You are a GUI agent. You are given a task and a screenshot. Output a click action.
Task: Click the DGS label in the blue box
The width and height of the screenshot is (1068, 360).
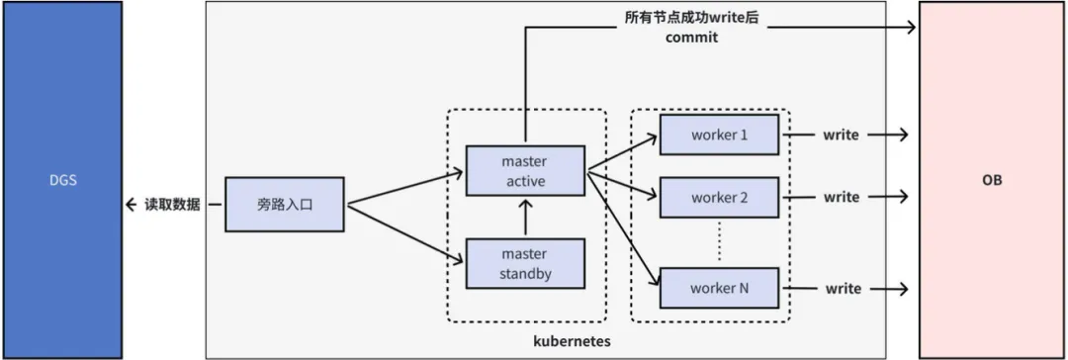coord(61,181)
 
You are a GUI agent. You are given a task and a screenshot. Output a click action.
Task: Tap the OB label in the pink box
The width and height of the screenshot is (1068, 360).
coord(991,181)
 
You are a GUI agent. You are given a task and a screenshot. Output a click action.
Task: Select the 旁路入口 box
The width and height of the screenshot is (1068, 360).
coord(285,205)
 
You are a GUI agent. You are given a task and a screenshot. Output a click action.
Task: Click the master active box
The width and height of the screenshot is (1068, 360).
coord(524,171)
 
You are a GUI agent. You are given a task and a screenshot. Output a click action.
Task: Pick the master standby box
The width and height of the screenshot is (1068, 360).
coord(524,264)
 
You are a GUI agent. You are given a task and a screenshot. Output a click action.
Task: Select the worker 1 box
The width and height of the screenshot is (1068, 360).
coord(719,135)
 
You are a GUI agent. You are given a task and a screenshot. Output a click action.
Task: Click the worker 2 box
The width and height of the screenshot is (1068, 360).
coord(719,197)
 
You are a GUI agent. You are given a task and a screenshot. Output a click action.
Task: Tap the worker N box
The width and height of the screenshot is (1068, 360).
coord(719,289)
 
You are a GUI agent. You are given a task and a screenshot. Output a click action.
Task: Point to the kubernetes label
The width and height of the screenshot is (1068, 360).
coord(572,340)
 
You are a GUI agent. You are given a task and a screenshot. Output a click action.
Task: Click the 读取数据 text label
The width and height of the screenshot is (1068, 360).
coord(172,205)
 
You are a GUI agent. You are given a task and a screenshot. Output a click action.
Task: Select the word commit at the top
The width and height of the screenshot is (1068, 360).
coord(691,38)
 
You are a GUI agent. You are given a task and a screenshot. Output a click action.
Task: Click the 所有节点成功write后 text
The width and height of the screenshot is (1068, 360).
coord(691,18)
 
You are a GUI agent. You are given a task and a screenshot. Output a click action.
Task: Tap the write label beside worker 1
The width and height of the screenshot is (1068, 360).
coord(842,135)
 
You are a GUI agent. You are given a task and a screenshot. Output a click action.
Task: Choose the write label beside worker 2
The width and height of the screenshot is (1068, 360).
coord(842,197)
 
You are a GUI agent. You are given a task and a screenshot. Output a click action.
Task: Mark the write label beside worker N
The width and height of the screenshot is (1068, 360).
coord(842,289)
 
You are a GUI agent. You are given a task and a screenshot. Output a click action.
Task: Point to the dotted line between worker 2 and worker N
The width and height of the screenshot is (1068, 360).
coord(719,242)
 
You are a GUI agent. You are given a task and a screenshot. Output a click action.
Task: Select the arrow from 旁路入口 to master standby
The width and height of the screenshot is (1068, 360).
coord(405,233)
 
